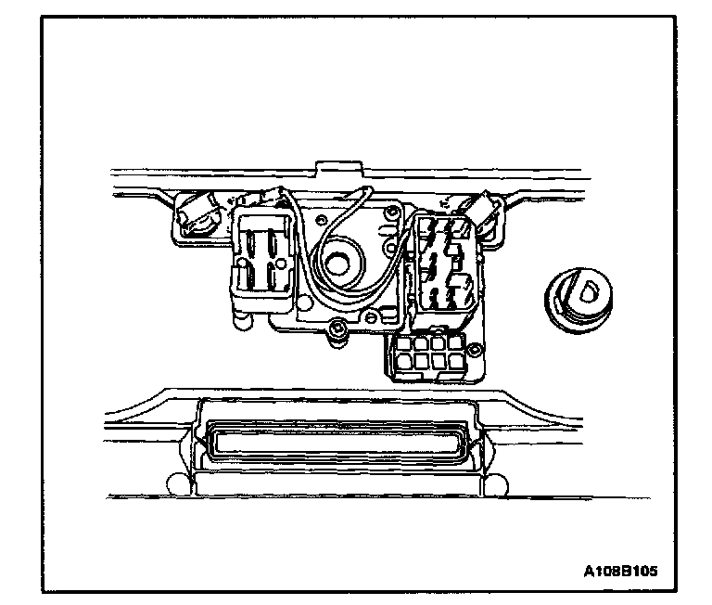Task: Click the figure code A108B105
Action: (621, 571)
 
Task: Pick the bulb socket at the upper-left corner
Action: (197, 214)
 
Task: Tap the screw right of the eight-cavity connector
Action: (475, 351)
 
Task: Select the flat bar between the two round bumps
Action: (335, 484)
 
